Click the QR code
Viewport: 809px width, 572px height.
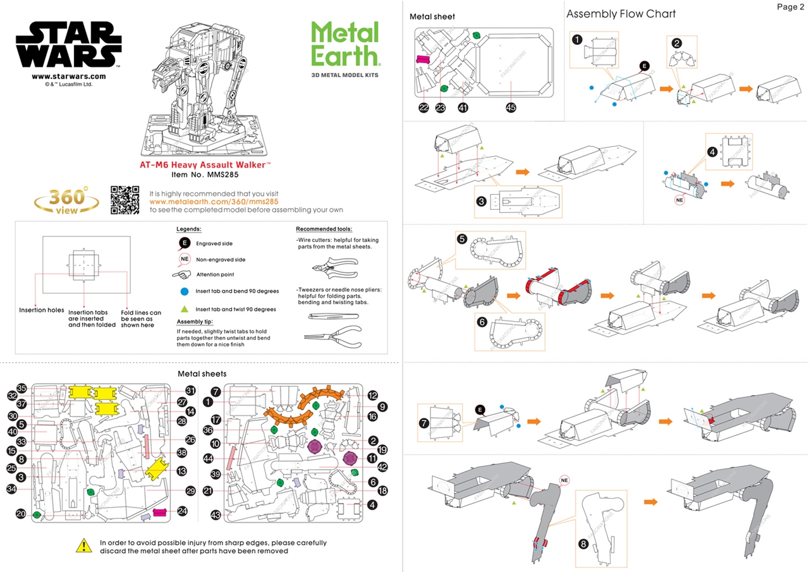[x=125, y=200]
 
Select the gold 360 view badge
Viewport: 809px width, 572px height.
[x=66, y=200]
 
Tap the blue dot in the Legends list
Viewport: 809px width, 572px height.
[x=184, y=291]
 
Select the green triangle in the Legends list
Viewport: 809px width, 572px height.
[x=184, y=309]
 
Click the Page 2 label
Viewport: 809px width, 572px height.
[x=790, y=7]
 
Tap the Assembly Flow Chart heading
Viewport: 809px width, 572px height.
[x=621, y=14]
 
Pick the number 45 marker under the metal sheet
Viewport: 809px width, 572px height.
[x=511, y=107]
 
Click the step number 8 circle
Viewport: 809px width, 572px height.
[x=583, y=544]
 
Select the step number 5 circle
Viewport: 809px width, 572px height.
[x=462, y=240]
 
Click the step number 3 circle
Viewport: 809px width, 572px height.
[x=481, y=201]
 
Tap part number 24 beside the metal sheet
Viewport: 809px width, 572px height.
[x=182, y=510]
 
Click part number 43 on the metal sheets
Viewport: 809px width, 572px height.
[x=216, y=515]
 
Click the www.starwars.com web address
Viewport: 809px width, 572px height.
[x=68, y=76]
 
